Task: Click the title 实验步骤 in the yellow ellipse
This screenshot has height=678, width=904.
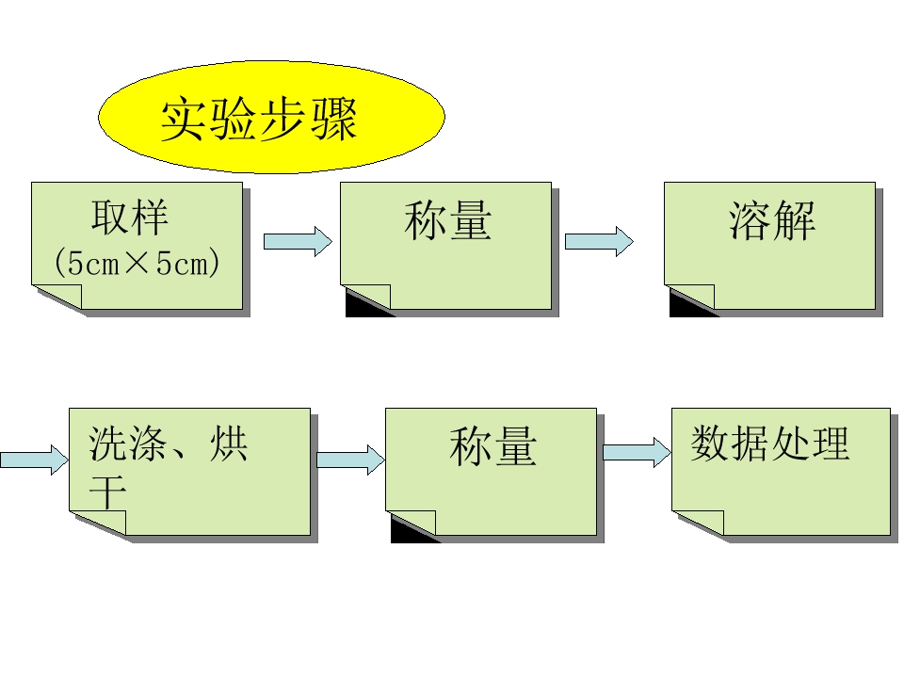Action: click(259, 120)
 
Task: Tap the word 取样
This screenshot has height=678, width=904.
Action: click(130, 219)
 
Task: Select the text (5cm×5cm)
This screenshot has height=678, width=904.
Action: click(137, 263)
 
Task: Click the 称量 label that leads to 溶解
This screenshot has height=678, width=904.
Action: click(447, 222)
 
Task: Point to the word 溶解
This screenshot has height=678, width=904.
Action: click(772, 222)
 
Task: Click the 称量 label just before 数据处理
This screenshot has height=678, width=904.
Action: click(492, 446)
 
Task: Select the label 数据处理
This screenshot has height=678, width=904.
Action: click(770, 444)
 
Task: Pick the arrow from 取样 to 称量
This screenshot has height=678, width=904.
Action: click(298, 241)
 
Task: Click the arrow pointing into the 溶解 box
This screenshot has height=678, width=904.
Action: click(599, 241)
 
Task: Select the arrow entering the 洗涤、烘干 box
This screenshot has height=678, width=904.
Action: click(34, 460)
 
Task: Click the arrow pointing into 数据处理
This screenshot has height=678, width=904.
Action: click(637, 453)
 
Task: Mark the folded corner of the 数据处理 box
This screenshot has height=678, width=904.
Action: click(699, 524)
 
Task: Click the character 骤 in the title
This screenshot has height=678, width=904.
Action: click(333, 120)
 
